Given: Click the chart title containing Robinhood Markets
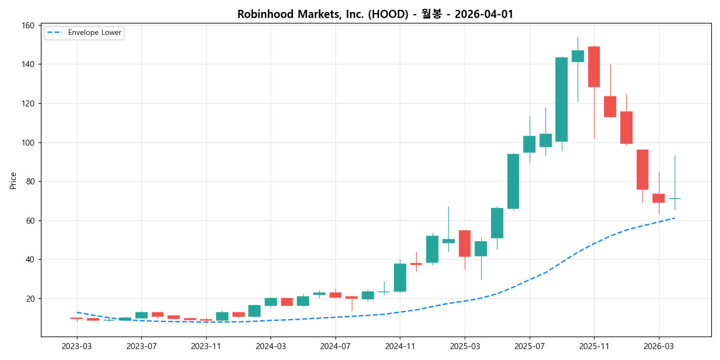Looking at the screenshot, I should coord(375,14).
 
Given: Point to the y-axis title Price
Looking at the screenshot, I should coord(13,181).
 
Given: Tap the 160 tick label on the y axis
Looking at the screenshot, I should coord(28,26).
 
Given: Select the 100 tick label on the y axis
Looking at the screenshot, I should coord(28,143).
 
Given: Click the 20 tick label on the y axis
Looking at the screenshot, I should coord(30,299).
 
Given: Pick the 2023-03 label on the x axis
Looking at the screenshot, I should coord(77,346).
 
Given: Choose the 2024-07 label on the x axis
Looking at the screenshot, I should coord(335,346).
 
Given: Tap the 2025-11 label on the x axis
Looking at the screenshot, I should coord(594,346).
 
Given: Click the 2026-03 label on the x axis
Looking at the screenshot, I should coord(658,346).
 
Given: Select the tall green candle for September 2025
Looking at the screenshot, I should coord(561,99).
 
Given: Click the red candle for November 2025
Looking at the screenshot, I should coord(594,67).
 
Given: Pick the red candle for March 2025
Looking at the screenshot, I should coord(465,243).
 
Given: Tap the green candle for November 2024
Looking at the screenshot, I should coord(400,278).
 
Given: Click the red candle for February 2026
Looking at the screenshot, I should coord(643,170).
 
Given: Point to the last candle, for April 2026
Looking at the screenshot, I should coord(675,199).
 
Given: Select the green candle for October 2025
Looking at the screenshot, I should coord(578,56).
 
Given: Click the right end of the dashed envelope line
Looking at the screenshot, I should coord(675,218).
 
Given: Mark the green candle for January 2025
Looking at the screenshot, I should coord(432,249).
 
